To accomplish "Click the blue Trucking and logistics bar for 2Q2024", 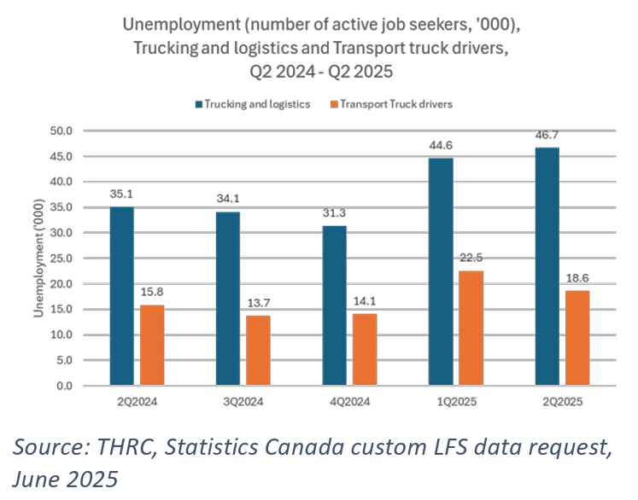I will click(122, 296).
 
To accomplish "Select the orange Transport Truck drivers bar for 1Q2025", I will click(471, 328).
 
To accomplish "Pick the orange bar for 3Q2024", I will click(258, 351).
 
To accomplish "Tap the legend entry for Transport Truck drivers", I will click(395, 104).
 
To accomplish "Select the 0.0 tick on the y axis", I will click(66, 386).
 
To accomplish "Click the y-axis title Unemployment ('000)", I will click(38, 259).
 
